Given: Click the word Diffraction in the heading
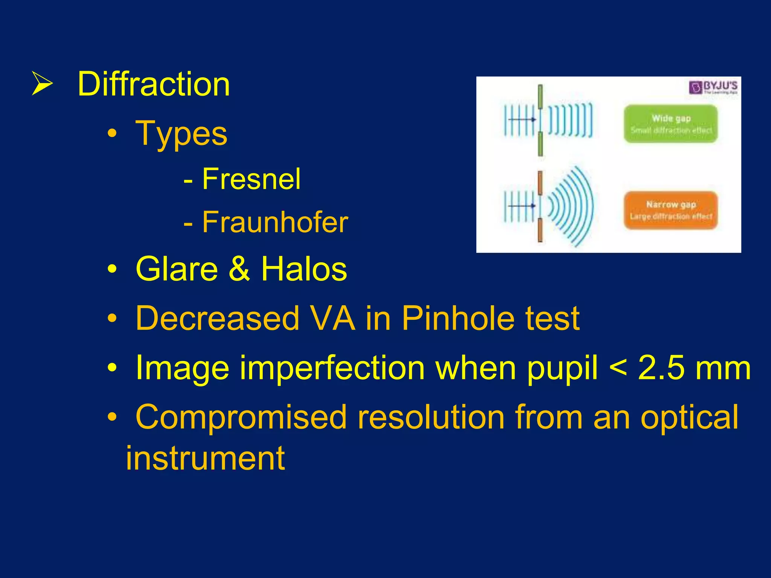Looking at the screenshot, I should (x=154, y=84).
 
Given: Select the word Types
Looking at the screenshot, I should (x=181, y=134).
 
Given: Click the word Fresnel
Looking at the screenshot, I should (x=251, y=179).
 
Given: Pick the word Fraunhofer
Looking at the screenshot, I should (x=275, y=222).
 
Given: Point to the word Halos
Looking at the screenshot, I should (x=304, y=269).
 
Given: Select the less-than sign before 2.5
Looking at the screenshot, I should (x=618, y=368).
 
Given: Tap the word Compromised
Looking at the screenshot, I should (x=241, y=417).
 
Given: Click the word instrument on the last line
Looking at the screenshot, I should (x=205, y=458).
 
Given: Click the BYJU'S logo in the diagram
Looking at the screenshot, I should (x=713, y=87).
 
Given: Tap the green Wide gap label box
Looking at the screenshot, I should (x=670, y=124).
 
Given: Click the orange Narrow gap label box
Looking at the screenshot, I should (x=670, y=210).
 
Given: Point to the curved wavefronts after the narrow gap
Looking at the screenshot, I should (x=572, y=206).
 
